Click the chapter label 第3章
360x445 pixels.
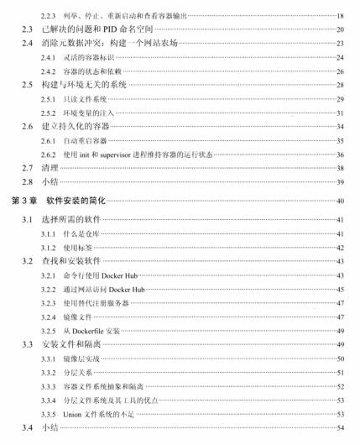(x=22, y=202)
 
